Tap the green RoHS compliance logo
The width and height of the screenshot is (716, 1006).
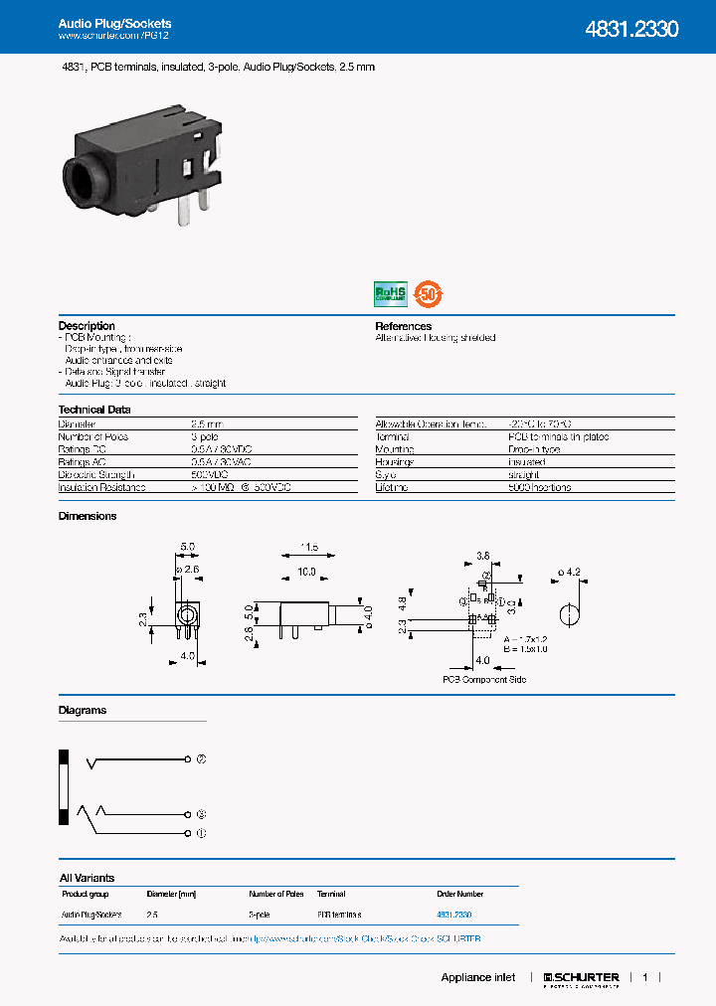(390, 293)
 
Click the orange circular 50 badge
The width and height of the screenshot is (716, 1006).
(429, 293)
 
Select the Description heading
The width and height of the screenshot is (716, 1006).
(87, 326)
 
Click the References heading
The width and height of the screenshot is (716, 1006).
(403, 326)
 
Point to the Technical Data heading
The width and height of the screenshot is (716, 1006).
(94, 410)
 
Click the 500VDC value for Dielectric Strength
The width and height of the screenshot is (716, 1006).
(207, 475)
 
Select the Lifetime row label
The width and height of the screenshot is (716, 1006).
(392, 488)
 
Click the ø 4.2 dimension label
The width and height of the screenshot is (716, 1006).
(570, 572)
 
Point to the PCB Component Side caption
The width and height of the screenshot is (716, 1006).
(484, 680)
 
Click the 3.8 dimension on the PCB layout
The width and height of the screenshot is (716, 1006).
(482, 555)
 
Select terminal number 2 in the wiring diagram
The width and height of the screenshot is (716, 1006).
(201, 759)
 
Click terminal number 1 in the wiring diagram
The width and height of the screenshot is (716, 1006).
(201, 832)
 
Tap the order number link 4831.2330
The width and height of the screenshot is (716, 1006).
(453, 914)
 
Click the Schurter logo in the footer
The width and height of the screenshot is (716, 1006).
(582, 978)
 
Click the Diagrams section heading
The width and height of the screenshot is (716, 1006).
(83, 711)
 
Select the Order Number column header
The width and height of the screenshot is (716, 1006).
(459, 894)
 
